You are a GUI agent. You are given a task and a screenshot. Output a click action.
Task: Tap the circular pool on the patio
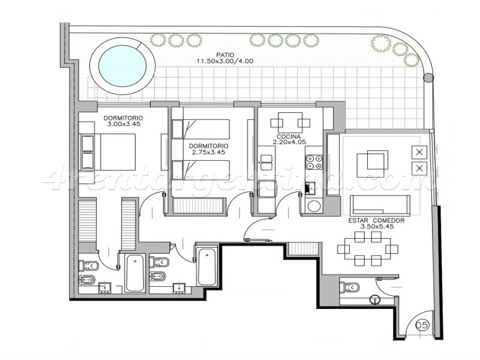(122, 66)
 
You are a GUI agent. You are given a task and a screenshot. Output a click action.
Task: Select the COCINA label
(289, 137)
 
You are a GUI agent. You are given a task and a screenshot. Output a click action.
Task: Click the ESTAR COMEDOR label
(377, 220)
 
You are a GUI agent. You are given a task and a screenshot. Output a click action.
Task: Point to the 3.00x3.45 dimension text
(124, 124)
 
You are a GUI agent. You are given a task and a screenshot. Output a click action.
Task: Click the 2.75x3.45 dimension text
(208, 152)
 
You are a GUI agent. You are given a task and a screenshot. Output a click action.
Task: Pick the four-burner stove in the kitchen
(314, 162)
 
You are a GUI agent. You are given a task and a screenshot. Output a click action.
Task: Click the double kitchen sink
(266, 163)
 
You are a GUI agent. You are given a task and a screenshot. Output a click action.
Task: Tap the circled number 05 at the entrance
(422, 325)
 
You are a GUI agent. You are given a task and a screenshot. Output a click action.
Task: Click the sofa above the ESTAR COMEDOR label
(380, 205)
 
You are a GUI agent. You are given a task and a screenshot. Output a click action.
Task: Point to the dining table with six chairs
(368, 248)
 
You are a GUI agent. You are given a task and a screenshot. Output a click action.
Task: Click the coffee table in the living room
(372, 163)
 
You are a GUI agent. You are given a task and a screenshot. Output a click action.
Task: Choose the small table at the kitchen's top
(290, 123)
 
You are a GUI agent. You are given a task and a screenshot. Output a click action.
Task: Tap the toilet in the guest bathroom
(349, 288)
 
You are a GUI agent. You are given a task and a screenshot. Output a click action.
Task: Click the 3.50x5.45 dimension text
(377, 227)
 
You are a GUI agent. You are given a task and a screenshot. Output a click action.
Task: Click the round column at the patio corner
(428, 77)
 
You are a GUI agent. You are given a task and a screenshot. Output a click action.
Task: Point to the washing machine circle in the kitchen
(314, 206)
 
